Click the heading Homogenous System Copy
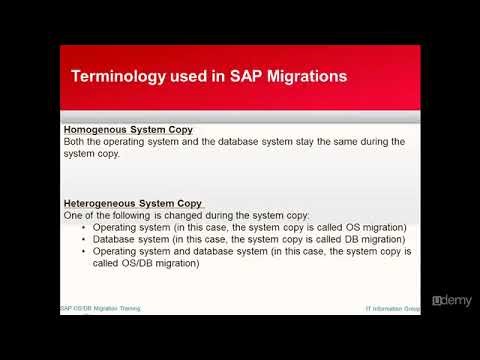pos(128,130)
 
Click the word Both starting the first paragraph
pos(75,142)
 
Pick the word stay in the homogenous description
pos(301,142)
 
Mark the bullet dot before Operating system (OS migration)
pos(83,227)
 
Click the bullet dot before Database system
pos(83,239)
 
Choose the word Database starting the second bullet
pos(117,239)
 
